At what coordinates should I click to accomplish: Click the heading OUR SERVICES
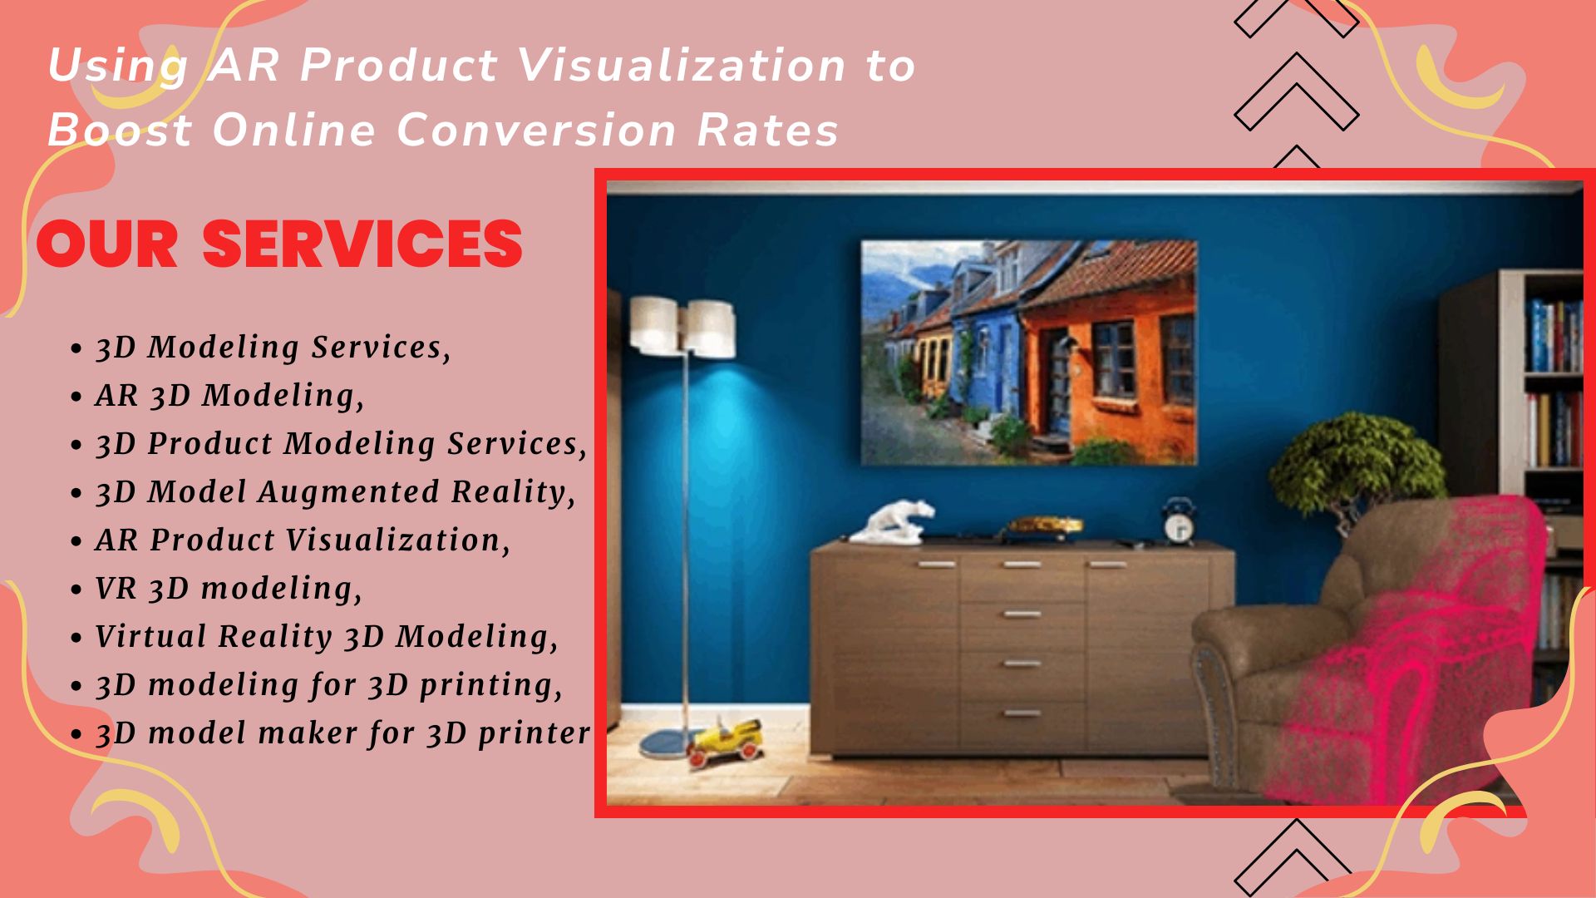pos(279,244)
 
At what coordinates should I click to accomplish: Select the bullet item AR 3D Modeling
pos(230,396)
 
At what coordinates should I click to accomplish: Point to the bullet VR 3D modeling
pos(229,589)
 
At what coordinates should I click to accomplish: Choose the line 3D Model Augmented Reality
pos(336,492)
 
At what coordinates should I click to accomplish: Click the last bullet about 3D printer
pos(343,733)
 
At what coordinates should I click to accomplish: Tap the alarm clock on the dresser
pos(1179,521)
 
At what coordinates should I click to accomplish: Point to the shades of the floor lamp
pos(682,327)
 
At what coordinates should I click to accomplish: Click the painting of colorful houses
pos(1029,353)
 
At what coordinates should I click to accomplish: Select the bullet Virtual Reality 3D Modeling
pos(327,637)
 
